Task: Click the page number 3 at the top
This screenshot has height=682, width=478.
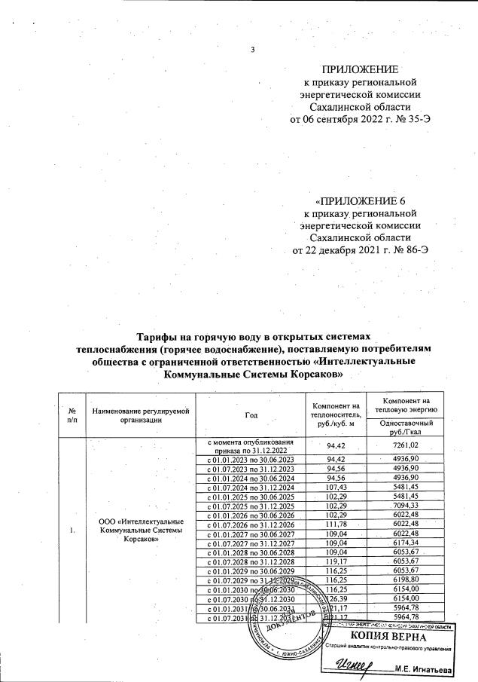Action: pyautogui.click(x=254, y=50)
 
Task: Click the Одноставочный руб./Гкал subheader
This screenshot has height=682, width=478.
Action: pyautogui.click(x=403, y=428)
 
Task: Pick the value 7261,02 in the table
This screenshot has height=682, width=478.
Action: pyautogui.click(x=404, y=445)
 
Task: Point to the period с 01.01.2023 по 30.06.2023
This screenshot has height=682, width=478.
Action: pyautogui.click(x=251, y=458)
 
